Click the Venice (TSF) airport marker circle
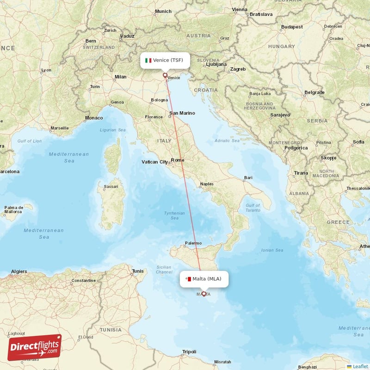tap(165, 75)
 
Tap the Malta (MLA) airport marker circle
tap(203, 294)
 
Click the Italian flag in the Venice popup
tap(148, 61)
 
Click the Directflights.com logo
tap(34, 347)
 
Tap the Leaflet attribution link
tap(360, 366)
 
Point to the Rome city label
tap(178, 160)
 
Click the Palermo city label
tap(193, 243)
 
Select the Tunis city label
tap(138, 271)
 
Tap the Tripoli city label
tap(189, 352)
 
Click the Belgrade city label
tap(314, 92)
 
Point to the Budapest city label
tap(292, 27)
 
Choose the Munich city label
tap(163, 12)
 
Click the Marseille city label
tap(60, 128)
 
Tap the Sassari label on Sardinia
tap(111, 187)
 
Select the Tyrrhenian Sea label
tap(174, 216)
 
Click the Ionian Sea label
tap(272, 250)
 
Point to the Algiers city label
tap(18, 271)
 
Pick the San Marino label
tap(182, 113)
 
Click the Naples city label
tap(206, 184)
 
